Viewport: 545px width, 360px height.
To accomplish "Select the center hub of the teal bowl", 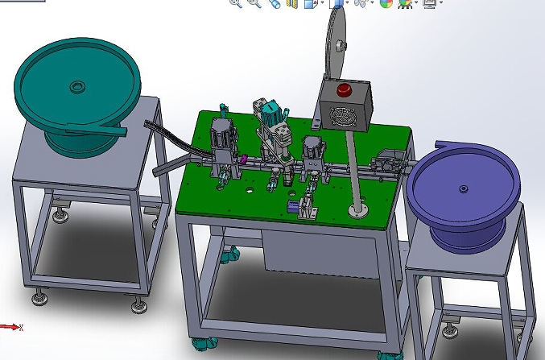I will [77, 85].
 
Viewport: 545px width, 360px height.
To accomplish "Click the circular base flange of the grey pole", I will [357, 211].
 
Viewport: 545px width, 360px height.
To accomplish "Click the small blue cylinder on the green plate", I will [291, 207].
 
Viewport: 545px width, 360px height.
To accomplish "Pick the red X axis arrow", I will [11, 327].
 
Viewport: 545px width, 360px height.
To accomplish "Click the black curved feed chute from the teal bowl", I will [174, 138].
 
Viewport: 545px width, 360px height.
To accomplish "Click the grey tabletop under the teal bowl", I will [81, 165].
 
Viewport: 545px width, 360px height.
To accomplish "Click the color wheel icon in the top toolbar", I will [386, 4].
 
